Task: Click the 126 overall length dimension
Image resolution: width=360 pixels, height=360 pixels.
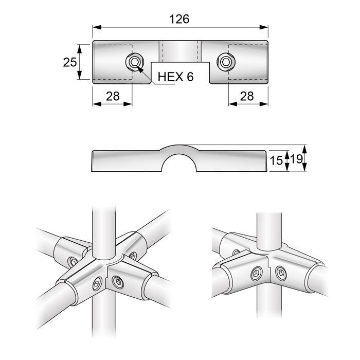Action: [x=179, y=19]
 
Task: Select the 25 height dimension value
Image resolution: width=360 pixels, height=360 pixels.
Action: [x=70, y=62]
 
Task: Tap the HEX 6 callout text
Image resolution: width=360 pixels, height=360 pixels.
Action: [x=175, y=77]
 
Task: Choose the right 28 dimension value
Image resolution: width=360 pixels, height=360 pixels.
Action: [x=248, y=96]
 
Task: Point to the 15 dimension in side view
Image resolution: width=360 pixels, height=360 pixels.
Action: [x=277, y=160]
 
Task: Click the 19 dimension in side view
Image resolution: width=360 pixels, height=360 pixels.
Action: [x=295, y=160]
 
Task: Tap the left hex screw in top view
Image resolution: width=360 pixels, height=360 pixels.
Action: [x=134, y=63]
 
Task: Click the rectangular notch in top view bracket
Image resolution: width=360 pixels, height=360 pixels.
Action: [x=180, y=71]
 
